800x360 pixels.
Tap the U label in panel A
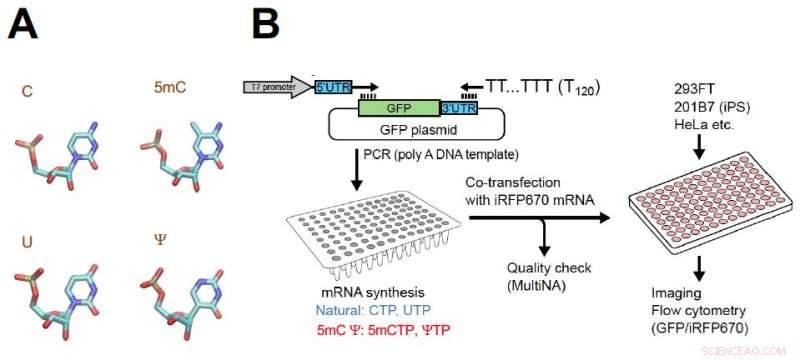click(x=27, y=241)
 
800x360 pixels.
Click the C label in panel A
click(x=27, y=92)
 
